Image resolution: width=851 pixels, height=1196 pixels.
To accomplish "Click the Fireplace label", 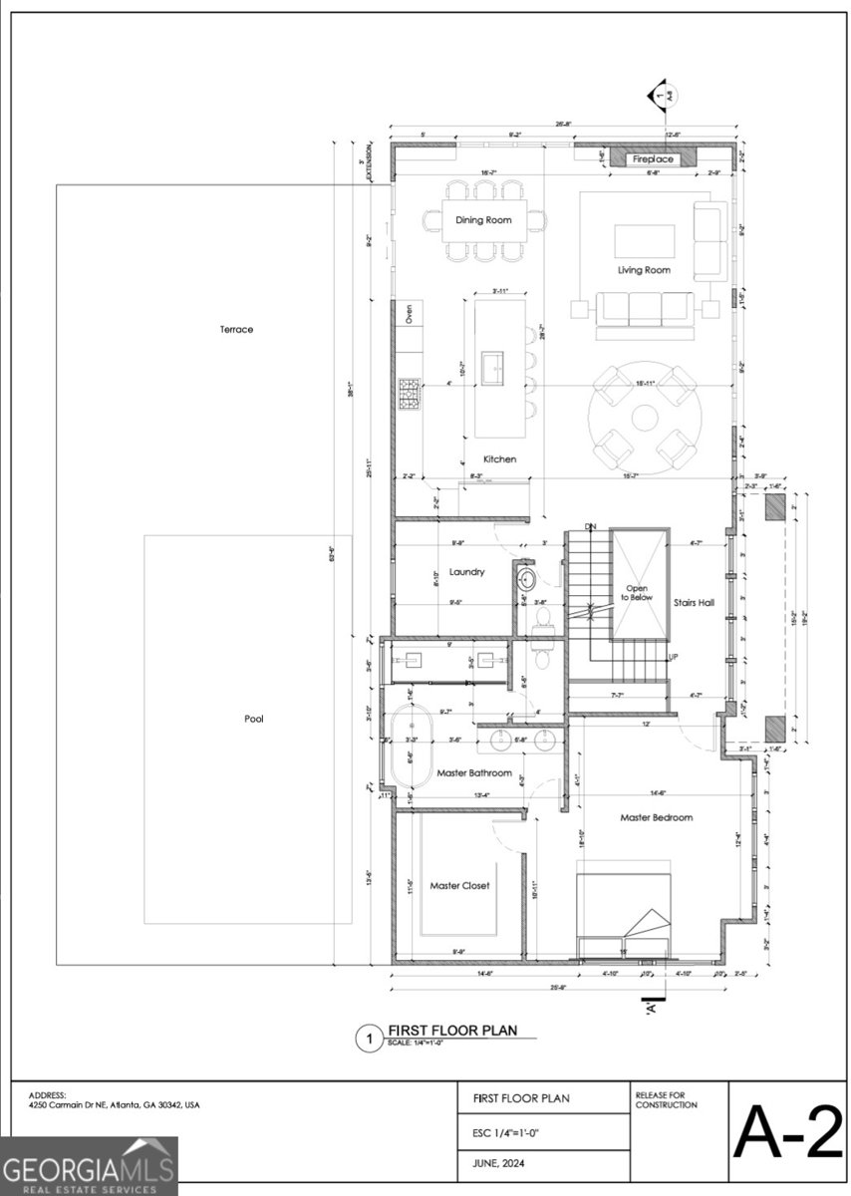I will [x=654, y=159].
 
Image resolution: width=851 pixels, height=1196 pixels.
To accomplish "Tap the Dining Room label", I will [x=483, y=219].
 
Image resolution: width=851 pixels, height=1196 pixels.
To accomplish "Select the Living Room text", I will [x=644, y=270].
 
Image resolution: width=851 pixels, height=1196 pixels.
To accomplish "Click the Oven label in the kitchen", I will [x=410, y=314].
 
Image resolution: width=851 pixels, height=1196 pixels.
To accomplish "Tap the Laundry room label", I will [x=466, y=572].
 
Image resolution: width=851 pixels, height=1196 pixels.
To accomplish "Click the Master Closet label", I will [x=459, y=885].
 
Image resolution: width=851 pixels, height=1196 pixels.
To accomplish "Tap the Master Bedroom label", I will [x=656, y=817].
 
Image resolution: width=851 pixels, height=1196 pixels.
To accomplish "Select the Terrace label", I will [x=236, y=329].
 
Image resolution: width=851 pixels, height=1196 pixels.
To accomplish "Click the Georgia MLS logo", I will [x=89, y=1165].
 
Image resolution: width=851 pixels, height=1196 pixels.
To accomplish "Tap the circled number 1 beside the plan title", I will [x=369, y=1040].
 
